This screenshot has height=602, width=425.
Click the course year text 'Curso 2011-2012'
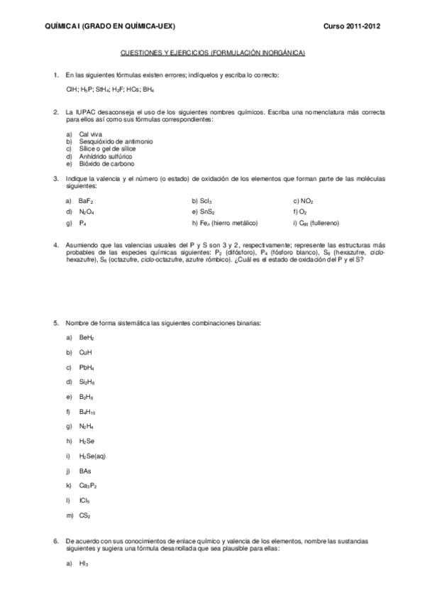[x=353, y=26]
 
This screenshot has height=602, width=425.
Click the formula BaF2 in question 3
[x=87, y=202]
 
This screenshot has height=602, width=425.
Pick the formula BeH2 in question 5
[x=87, y=337]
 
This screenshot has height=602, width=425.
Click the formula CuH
[x=86, y=352]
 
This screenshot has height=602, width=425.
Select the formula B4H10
[x=88, y=412]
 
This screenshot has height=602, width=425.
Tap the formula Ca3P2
[x=88, y=486]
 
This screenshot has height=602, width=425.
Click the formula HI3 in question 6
[x=84, y=565]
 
